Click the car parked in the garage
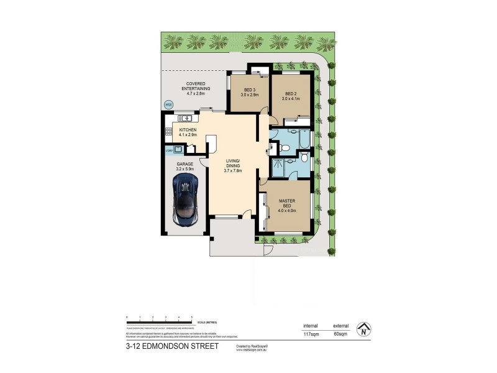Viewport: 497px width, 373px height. point(186,199)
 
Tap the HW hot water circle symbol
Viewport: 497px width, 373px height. point(168,105)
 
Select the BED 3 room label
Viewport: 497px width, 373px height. point(248,91)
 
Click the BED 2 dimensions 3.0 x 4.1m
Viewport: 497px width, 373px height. point(291,98)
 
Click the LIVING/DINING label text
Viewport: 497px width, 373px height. point(232,163)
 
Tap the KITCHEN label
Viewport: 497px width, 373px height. point(188,130)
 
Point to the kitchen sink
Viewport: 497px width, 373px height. point(184,117)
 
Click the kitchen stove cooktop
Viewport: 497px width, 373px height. point(168,131)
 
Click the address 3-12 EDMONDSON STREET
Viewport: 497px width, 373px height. point(172,346)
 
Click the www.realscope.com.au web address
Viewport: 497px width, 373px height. point(251,350)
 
